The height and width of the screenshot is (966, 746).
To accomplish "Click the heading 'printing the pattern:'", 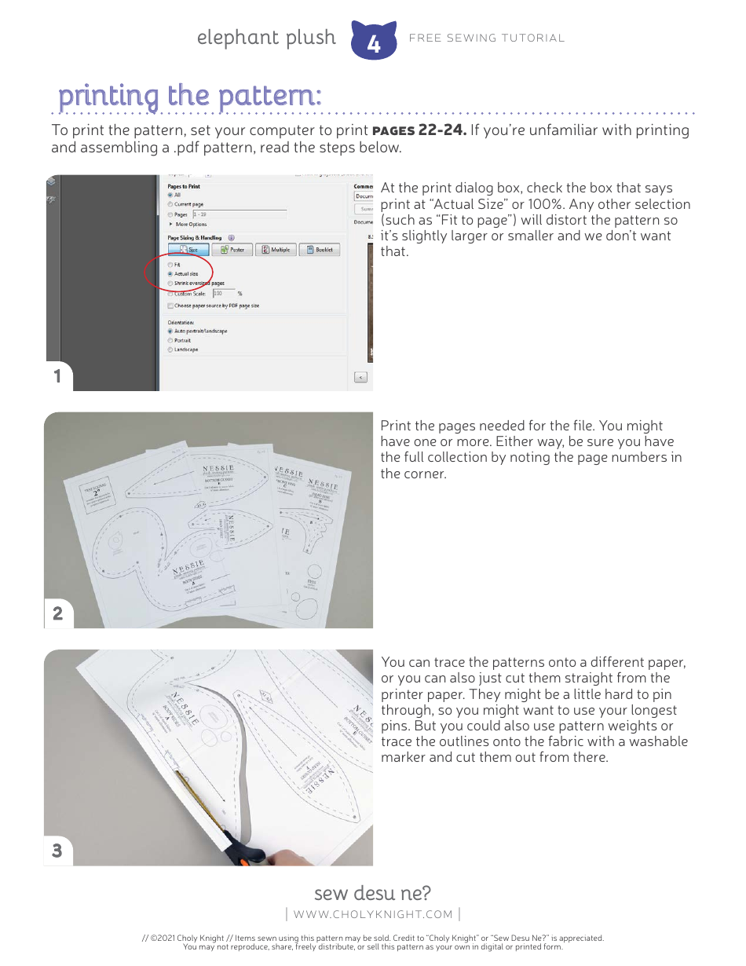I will pos(189,96).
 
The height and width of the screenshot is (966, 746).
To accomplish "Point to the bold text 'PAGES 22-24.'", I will pos(419,130).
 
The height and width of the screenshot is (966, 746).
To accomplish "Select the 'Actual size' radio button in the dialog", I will pos(170,274).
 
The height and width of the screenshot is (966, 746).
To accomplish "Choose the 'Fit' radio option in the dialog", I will pos(170,265).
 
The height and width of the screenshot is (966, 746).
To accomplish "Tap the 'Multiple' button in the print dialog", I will pos(276,250).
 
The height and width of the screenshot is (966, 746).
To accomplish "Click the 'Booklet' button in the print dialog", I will pos(320,250).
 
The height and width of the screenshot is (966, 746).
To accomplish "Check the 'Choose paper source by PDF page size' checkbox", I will pos(170,306).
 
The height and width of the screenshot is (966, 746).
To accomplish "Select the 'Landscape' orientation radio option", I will pos(170,349).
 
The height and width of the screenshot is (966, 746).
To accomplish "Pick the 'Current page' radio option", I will pos(170,204).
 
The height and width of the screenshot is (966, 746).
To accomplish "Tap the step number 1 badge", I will pos(57,376).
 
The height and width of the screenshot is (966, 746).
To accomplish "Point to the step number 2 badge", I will pos(57,613).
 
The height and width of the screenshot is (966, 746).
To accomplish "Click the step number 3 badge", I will pos(57,851).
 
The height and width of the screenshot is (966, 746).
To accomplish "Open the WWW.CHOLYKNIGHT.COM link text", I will pos(373,914).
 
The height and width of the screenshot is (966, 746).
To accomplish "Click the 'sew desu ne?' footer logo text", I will pos(372,894).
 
